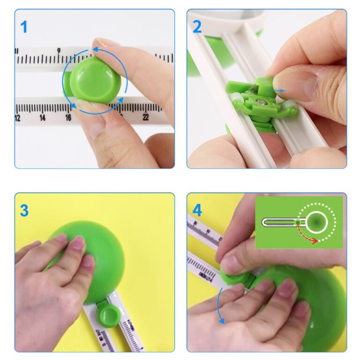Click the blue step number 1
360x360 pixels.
coord(24,27)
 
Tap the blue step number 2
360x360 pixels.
coord(197,27)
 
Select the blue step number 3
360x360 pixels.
coord(24,210)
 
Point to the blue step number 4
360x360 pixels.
coord(197,210)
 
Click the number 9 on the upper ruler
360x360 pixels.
coord(59,51)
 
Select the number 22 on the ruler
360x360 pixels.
coord(146,117)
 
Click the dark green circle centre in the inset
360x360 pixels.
coord(317,220)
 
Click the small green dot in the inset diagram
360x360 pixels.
coord(298,222)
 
